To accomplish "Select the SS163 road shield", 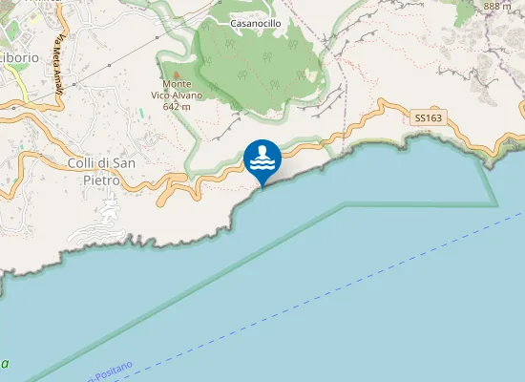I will [x=429, y=118].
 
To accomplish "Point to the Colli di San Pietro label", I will [x=107, y=171].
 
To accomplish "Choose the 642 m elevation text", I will [x=176, y=107].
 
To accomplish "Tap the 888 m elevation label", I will [x=497, y=6].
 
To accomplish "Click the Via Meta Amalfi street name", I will [x=59, y=65].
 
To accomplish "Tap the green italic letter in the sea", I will [x=5, y=364].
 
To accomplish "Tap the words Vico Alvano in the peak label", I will [x=175, y=95].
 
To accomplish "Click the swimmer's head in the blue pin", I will [x=262, y=151].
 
